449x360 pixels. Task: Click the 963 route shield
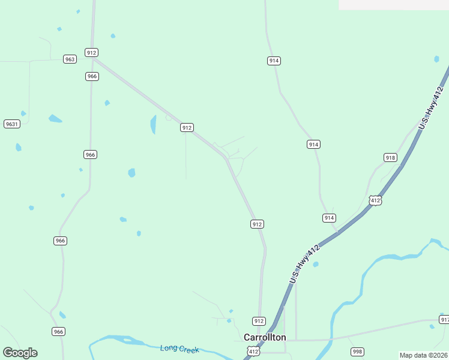pos(70,59)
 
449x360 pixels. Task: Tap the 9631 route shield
pos(12,124)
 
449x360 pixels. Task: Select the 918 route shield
pos(390,158)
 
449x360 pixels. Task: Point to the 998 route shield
pos(357,352)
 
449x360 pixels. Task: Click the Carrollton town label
pos(265,337)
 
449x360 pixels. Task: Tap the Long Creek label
pos(179,349)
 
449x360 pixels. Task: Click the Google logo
pos(20,353)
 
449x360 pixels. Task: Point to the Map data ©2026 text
pos(423,355)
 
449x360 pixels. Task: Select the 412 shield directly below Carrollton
pos(254,352)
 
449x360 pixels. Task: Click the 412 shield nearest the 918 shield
pos(375,200)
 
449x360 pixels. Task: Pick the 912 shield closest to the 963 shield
pos(91,53)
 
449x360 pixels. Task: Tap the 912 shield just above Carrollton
pos(259,321)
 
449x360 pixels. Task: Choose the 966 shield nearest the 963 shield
pos(92,76)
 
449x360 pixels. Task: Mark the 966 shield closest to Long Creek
pos(58,331)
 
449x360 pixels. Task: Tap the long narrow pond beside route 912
pos(153,124)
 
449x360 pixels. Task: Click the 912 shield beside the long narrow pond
pos(187,127)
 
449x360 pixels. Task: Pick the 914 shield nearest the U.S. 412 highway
pos(329,218)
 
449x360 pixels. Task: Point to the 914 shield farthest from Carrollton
pos(274,61)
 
